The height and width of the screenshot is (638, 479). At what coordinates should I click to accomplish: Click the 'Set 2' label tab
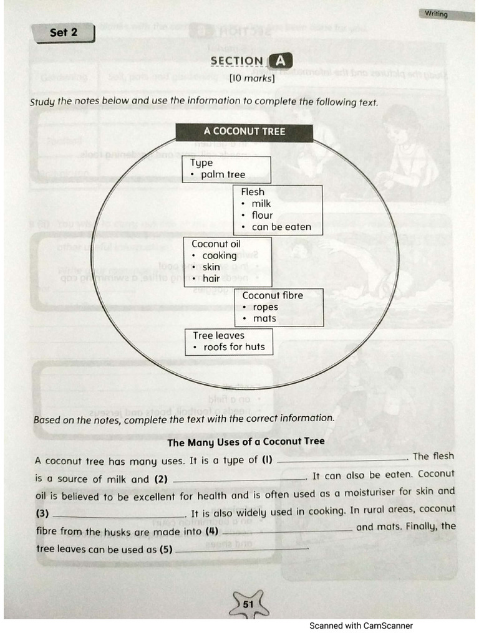[64, 32]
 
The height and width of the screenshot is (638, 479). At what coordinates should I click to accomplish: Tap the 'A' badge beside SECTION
[279, 60]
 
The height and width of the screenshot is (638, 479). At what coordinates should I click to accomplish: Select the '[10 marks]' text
[252, 79]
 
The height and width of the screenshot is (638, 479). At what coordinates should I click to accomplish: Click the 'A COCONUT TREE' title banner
[244, 131]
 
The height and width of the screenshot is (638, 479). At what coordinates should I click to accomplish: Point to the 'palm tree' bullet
[223, 174]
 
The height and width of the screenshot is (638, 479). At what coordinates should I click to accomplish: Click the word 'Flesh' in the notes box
[253, 192]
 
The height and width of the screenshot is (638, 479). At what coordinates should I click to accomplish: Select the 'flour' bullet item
[262, 216]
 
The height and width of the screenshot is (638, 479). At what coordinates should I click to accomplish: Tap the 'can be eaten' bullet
[281, 227]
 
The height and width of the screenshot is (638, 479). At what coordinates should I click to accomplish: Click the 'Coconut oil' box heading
[216, 244]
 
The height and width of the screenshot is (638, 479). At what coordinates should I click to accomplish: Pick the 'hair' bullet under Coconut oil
[211, 279]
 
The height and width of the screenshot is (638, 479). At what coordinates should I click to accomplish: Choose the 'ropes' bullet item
[265, 307]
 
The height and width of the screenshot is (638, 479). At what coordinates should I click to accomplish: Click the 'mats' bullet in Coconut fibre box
[264, 318]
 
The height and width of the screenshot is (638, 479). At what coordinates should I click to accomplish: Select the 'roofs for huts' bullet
[233, 347]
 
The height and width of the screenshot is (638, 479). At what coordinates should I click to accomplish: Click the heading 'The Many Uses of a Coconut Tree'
[246, 442]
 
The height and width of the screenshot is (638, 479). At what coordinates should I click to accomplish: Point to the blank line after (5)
[241, 550]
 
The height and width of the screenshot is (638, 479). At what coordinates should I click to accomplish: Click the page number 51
[248, 604]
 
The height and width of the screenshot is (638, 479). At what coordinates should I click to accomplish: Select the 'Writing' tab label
[436, 14]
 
